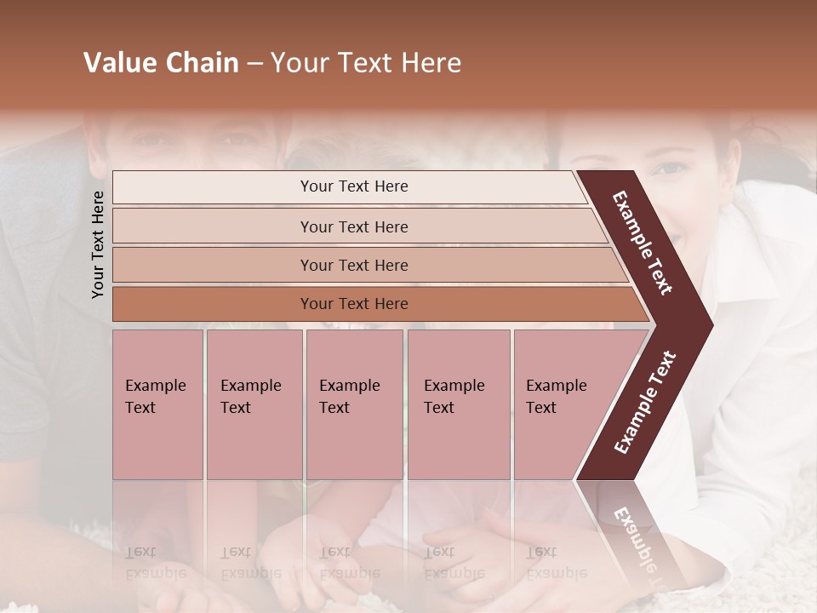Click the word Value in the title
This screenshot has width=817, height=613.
point(117,63)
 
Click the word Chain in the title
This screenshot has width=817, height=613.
point(200,63)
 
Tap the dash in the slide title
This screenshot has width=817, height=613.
point(254,64)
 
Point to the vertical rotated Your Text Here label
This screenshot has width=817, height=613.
point(98,244)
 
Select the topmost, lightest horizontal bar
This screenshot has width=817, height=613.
point(349,186)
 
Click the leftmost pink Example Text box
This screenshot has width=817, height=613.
point(157,404)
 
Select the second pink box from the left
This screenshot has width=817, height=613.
point(254,404)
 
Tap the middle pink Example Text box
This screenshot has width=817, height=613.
point(354,404)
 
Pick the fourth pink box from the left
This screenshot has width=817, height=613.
point(459,404)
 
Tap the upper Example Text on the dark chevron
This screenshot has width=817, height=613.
point(643,242)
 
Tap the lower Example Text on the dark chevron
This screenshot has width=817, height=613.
point(645,403)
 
